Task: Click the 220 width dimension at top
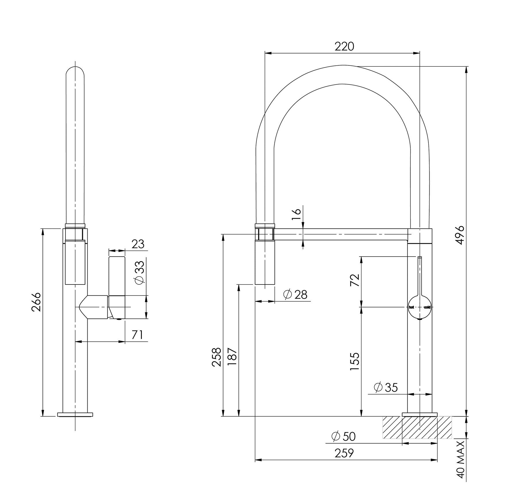[344, 46]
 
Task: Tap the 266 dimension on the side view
[36, 302]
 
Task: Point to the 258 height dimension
[217, 357]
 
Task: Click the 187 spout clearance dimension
[232, 357]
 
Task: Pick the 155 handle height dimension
[355, 361]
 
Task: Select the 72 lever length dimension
[355, 280]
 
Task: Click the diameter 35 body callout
[386, 387]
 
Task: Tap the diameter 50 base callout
[344, 436]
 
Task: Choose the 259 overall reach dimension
[344, 453]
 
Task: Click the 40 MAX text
[461, 460]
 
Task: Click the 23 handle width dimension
[138, 244]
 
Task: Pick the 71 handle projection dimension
[137, 335]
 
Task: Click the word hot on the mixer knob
[411, 307]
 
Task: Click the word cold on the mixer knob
[427, 307]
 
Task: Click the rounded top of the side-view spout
[75, 71]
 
